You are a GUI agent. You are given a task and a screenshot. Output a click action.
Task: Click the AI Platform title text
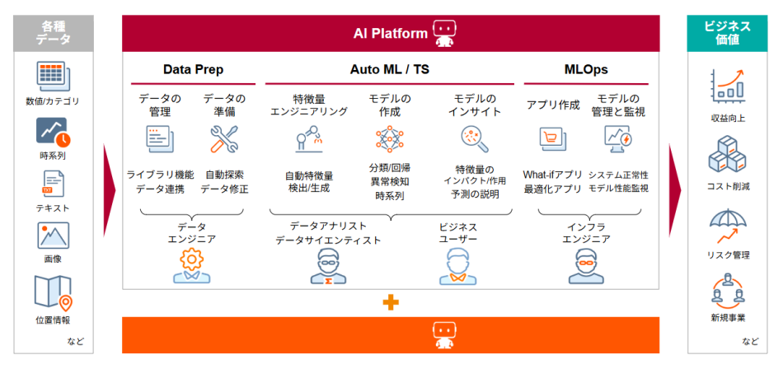coord(391,34)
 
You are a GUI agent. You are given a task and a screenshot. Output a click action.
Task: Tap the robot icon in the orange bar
coord(444,333)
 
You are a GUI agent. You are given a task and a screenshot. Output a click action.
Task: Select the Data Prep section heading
coord(193,70)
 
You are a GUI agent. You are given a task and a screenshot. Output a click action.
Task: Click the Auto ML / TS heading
coord(389,70)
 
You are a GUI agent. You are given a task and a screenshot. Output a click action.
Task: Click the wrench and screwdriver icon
coord(223,140)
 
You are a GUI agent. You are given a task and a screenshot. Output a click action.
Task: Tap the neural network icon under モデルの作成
coord(389,140)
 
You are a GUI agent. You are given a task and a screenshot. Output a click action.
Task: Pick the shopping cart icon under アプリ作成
coord(551,139)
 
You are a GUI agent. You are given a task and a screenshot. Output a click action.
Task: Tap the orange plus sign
coord(391,302)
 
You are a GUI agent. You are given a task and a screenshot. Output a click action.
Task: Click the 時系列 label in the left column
coord(53,155)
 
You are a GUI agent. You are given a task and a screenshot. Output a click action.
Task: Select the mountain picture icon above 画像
coord(53,236)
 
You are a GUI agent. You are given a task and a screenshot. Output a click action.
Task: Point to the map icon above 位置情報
coord(53,292)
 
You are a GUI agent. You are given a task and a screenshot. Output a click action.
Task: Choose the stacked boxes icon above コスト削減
coord(727,156)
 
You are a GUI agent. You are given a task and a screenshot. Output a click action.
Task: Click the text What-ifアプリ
coord(552,175)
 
